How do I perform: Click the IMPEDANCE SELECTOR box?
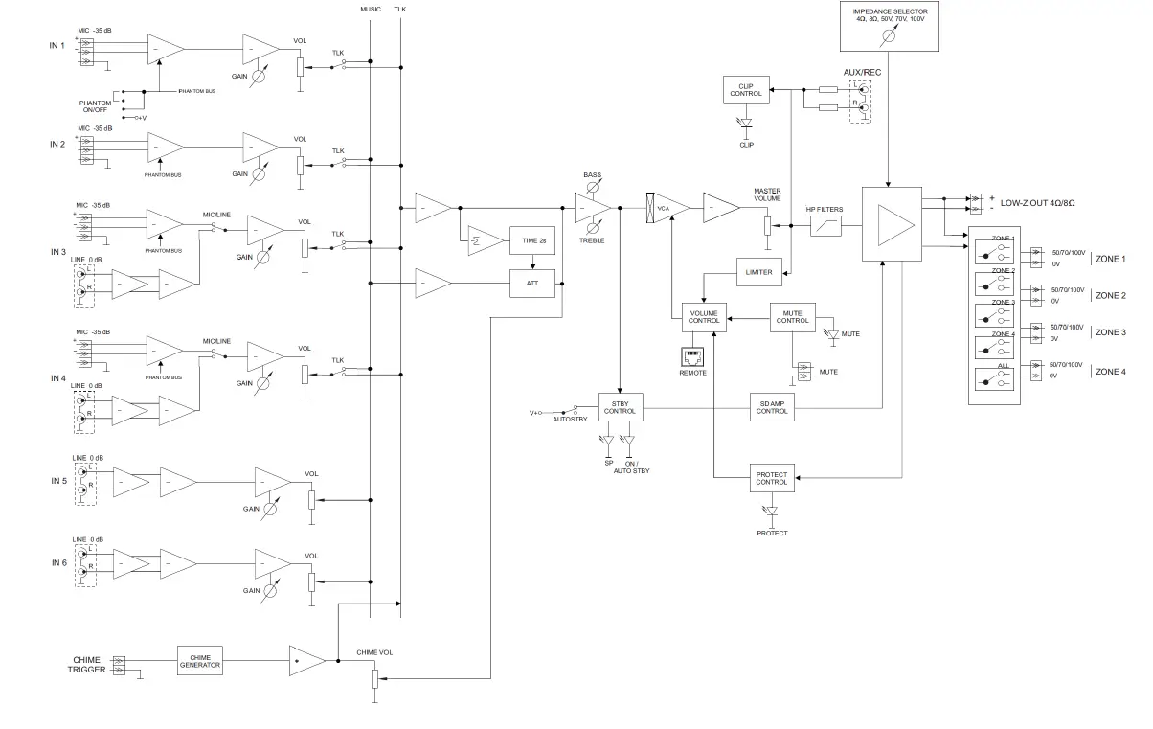pyautogui.click(x=890, y=26)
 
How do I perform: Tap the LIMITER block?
pyautogui.click(x=758, y=272)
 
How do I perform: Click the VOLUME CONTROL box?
pyautogui.click(x=704, y=317)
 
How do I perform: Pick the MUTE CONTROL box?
pyautogui.click(x=792, y=317)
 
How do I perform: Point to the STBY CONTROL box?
pyautogui.click(x=620, y=406)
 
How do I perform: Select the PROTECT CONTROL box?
pyautogui.click(x=771, y=477)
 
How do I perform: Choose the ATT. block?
pyautogui.click(x=532, y=284)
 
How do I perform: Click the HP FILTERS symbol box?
pyautogui.click(x=825, y=226)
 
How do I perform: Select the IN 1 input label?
pyautogui.click(x=57, y=46)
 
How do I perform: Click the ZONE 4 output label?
pyautogui.click(x=1111, y=371)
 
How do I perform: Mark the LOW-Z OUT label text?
pyautogui.click(x=1038, y=204)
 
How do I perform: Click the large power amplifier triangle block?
pyautogui.click(x=892, y=224)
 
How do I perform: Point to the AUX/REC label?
pyautogui.click(x=862, y=73)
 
